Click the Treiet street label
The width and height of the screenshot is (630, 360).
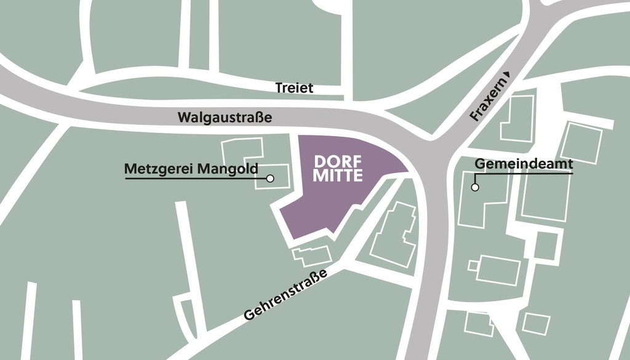pyautogui.click(x=294, y=88)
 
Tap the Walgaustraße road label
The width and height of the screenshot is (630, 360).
pyautogui.click(x=224, y=116)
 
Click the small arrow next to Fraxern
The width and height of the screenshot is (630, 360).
pyautogui.click(x=507, y=75)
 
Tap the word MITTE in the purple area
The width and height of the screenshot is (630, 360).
pyautogui.click(x=338, y=175)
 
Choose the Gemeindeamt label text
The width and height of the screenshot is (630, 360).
pyautogui.click(x=524, y=164)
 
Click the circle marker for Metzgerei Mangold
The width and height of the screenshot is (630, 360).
pyautogui.click(x=269, y=178)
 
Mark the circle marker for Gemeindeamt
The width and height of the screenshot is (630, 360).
pyautogui.click(x=474, y=187)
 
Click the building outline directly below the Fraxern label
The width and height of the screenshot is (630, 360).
pyautogui.click(x=517, y=119)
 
